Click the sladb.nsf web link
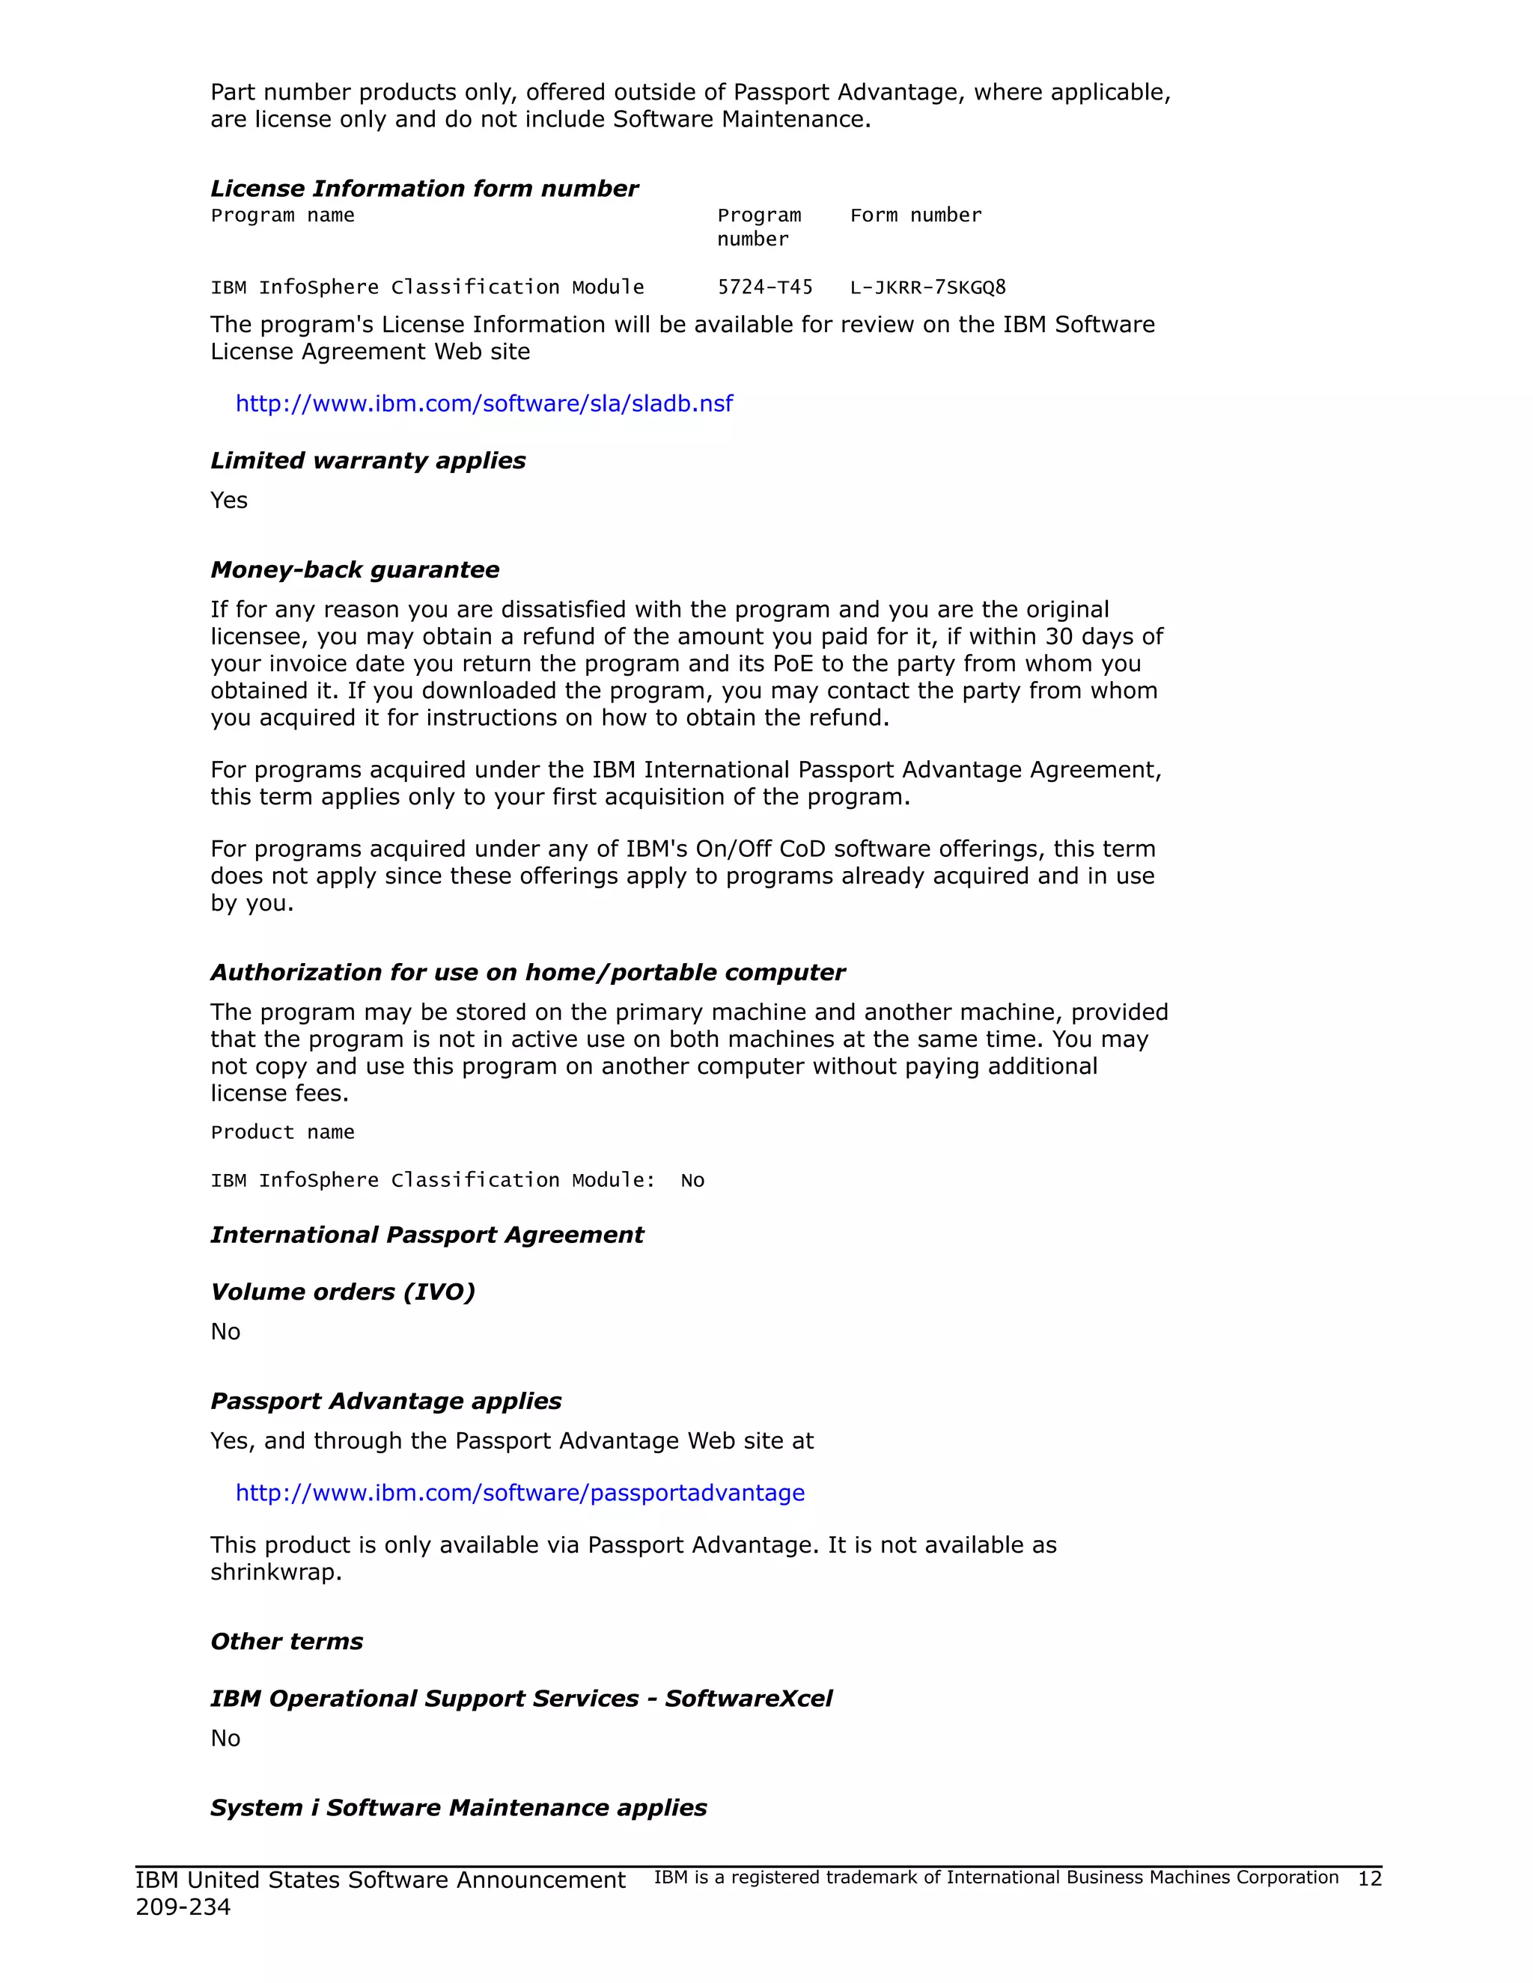[484, 403]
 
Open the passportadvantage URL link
[519, 1493]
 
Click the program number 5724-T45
[765, 288]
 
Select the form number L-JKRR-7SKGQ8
[927, 288]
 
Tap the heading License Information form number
[424, 189]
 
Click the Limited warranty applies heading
[368, 460]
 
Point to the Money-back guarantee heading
[354, 569]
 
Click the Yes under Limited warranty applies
[229, 501]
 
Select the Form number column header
[915, 216]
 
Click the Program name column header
[282, 216]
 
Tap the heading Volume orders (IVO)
[342, 1292]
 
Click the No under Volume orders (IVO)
[225, 1332]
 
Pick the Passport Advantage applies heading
[386, 1401]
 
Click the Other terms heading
[286, 1642]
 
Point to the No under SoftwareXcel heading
[225, 1739]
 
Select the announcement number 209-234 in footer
[183, 1907]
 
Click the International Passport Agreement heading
[427, 1235]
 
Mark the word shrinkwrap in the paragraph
[275, 1573]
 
